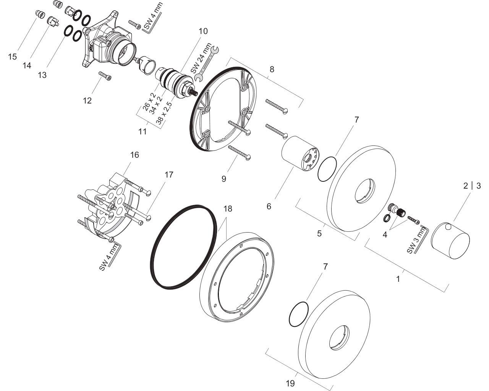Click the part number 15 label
click(13, 57)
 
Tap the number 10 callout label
click(203, 31)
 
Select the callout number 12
click(87, 100)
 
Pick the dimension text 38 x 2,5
click(164, 113)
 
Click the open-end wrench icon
click(207, 64)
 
